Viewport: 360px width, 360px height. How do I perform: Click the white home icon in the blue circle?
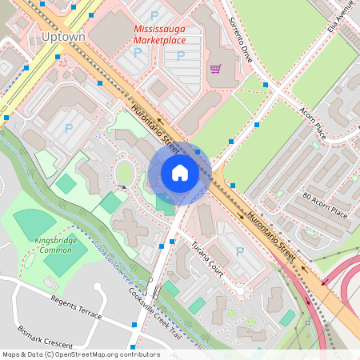(179, 174)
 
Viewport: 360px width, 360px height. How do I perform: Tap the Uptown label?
(61, 37)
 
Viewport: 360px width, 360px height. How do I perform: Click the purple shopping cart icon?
(215, 69)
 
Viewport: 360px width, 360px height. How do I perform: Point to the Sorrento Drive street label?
(241, 41)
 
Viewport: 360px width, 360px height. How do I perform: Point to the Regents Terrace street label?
(76, 308)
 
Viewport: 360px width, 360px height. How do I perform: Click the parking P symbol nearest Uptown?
(68, 128)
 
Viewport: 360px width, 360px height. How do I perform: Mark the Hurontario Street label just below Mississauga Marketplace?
(154, 128)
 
